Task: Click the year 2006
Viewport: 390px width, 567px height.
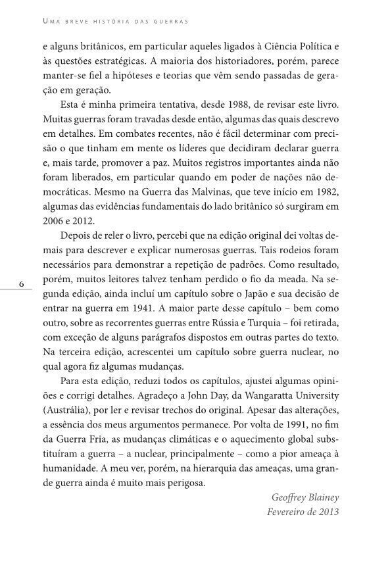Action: pyautogui.click(x=53, y=222)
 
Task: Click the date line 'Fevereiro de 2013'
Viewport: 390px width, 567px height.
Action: pyautogui.click(x=302, y=512)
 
